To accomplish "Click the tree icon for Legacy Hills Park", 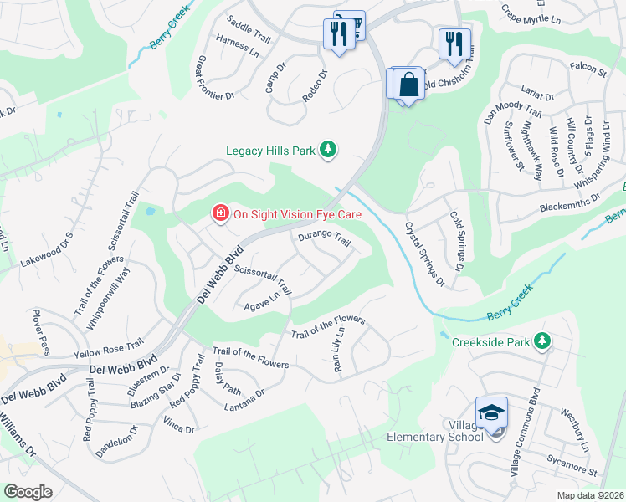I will point(330,150).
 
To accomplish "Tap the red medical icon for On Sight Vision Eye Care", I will point(220,214).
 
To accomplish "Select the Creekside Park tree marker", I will point(543,341).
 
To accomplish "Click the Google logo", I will point(28,492).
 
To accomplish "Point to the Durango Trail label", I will point(324,239).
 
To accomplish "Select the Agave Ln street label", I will point(261,298).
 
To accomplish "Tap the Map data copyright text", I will point(591,495).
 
